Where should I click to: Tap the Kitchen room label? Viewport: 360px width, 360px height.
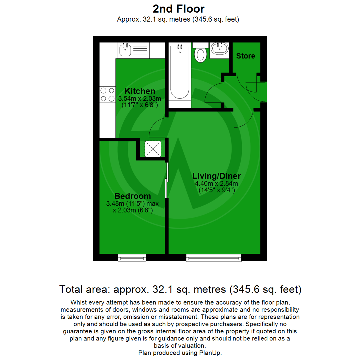140,91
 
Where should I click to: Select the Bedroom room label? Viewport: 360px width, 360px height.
133,196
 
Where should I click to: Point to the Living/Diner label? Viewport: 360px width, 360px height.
216,176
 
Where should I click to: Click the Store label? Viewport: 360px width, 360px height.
246,56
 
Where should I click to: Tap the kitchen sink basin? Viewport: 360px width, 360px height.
125,50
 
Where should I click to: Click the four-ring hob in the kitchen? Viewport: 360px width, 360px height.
107,94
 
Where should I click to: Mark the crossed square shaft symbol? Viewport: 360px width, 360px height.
153,149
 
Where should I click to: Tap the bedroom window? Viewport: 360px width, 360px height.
132,257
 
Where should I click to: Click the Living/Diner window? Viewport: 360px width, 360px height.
214,257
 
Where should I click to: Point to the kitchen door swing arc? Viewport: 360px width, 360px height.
157,128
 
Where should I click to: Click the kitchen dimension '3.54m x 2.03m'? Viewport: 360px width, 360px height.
140,99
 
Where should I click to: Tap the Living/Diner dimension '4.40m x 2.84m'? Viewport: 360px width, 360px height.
216,184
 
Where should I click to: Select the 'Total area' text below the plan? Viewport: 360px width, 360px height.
180,289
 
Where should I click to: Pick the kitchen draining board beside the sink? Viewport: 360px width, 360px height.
140,50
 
